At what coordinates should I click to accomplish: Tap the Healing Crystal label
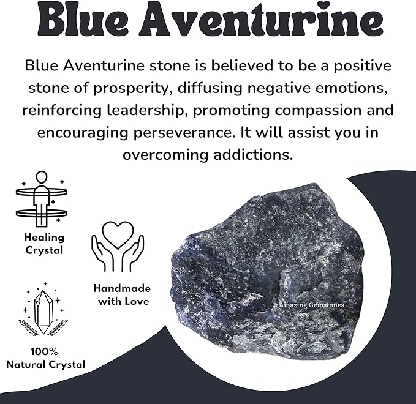43,244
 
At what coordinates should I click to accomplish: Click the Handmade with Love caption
121,294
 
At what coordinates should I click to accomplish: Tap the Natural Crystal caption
46,365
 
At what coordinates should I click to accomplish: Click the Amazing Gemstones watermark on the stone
308,304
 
